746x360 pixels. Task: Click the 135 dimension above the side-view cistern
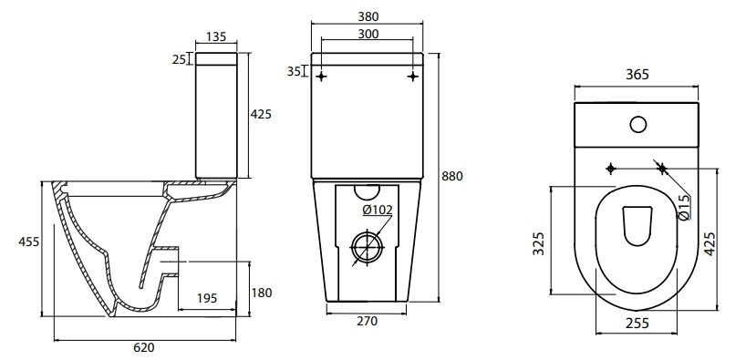pos(216,36)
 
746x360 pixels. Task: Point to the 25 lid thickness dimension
pos(179,59)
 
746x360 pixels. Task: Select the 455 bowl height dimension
pos(29,242)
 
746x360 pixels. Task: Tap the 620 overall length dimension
pos(144,347)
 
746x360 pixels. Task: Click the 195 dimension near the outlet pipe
pos(207,298)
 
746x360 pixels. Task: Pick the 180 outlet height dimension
pos(262,293)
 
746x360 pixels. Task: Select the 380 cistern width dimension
pos(368,16)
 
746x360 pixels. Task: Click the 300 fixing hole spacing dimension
pos(368,35)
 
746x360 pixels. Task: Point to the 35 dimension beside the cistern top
pos(294,71)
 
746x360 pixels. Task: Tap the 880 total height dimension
pos(452,176)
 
